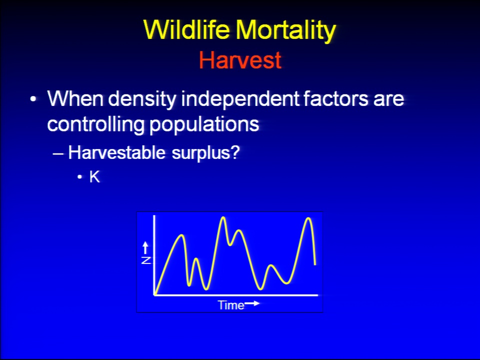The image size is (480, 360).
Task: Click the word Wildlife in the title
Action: (186, 29)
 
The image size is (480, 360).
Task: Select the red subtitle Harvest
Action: (240, 60)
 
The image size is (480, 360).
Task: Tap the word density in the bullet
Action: (142, 99)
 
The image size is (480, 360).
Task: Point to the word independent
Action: (240, 99)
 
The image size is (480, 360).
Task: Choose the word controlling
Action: (95, 124)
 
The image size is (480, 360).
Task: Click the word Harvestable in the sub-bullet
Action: (116, 152)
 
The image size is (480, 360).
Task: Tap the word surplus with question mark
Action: (205, 153)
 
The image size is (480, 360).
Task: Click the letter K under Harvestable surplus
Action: (94, 176)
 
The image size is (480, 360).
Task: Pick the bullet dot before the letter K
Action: (80, 177)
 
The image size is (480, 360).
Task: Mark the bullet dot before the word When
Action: (33, 99)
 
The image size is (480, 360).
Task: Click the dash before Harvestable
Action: (58, 153)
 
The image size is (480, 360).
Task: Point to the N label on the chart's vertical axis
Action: (146, 260)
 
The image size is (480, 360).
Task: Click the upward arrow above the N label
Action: (145, 247)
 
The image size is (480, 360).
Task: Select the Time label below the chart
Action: (231, 305)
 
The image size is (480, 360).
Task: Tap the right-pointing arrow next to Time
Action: (252, 303)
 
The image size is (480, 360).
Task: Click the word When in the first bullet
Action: (75, 98)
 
